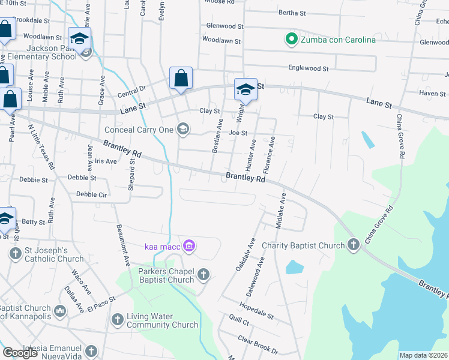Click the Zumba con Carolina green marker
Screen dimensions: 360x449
tap(291, 40)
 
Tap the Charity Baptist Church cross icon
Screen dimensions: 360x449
tap(354, 245)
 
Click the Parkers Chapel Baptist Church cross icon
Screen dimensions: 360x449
tap(203, 275)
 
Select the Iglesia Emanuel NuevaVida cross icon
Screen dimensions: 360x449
tap(91, 350)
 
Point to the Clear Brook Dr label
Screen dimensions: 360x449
tap(258, 346)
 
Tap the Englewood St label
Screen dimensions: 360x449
tap(309, 69)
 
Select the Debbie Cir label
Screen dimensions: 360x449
tap(91, 194)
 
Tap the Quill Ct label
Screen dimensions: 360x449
tap(239, 322)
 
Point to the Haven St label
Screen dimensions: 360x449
tap(432, 94)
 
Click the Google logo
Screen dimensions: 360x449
tap(20, 353)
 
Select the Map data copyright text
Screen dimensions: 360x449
tap(424, 355)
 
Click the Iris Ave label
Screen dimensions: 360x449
tap(105, 161)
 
